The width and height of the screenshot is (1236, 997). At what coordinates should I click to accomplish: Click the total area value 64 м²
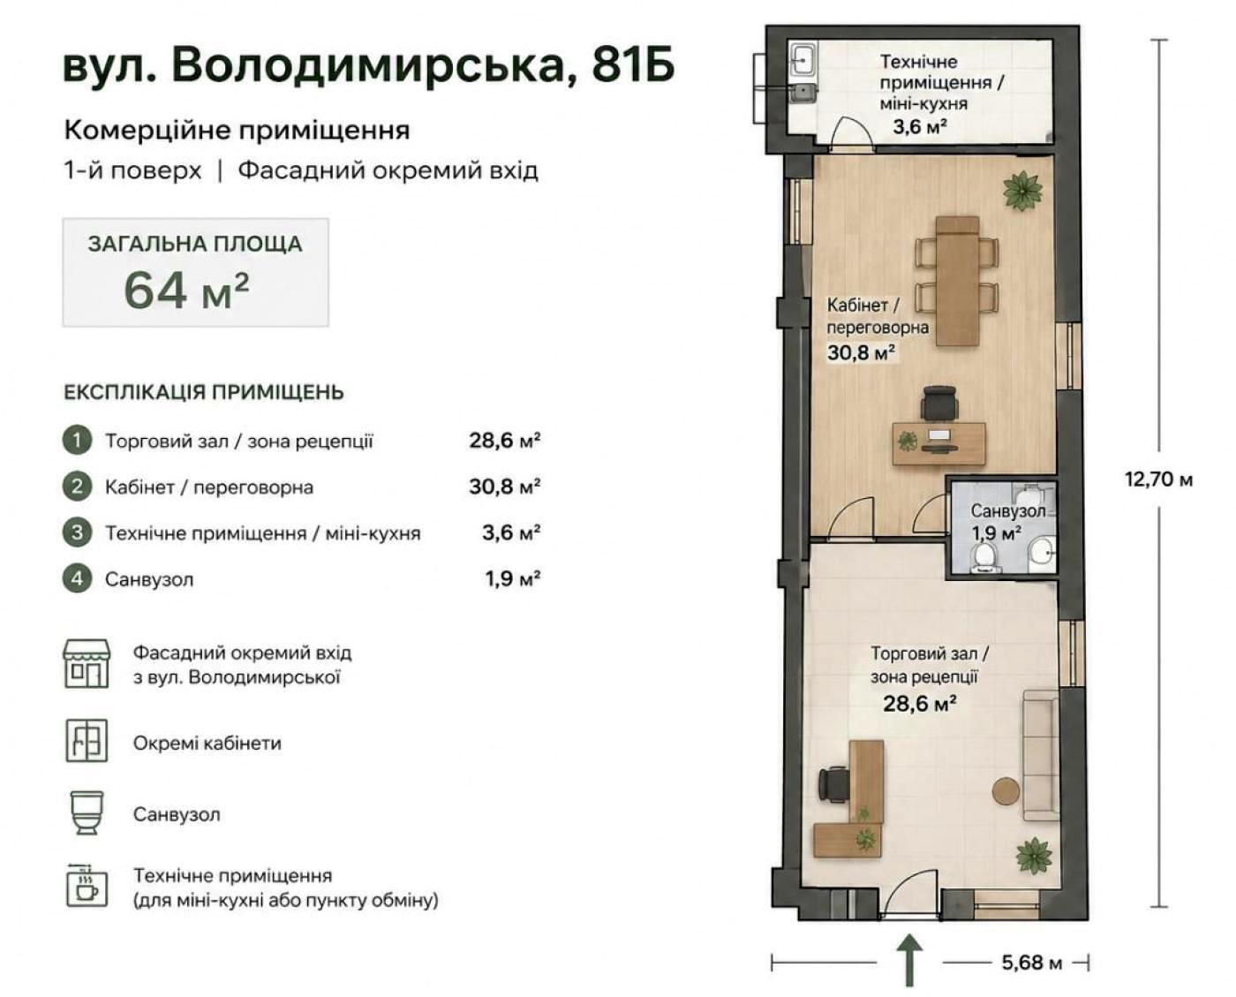186,291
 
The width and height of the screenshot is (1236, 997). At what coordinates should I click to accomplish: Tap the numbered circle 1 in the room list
77,441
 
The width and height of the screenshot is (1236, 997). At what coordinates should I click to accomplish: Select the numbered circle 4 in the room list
77,578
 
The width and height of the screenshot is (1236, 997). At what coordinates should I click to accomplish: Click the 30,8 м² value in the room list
505,487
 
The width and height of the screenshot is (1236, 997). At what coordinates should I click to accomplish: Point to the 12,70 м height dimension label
1158,479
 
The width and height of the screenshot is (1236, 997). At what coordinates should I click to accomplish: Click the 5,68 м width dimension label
1032,963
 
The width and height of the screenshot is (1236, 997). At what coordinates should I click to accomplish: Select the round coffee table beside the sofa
1006,790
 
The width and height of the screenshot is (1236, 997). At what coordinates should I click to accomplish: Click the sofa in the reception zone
1040,755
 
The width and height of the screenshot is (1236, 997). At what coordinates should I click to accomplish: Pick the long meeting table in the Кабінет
957,281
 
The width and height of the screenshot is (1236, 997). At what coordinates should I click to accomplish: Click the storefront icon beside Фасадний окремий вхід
87,664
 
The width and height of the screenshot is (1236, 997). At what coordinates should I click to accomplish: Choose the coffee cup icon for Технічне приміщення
87,886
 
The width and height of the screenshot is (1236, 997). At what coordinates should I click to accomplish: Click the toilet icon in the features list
87,812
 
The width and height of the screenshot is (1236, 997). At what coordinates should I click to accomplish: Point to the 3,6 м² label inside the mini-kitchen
920,126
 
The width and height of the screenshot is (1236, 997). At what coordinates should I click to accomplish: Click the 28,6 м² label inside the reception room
920,703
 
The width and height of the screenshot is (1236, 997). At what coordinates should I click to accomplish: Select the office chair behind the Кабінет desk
939,404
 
